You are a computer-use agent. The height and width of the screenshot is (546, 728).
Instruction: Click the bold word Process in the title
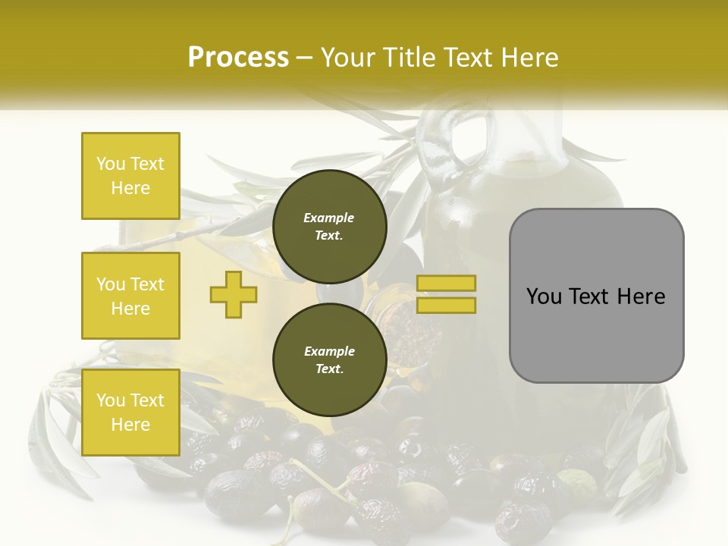click(238, 58)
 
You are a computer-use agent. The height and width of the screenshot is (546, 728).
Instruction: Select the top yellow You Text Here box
click(130, 176)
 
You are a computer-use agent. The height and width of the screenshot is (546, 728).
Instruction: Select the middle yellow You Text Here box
click(130, 296)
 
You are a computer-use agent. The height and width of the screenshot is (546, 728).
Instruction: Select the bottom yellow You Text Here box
click(130, 412)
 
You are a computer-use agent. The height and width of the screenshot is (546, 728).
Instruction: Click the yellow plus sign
click(234, 295)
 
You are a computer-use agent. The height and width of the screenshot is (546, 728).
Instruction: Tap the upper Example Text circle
click(329, 227)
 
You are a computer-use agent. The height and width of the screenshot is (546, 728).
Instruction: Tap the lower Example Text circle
click(329, 360)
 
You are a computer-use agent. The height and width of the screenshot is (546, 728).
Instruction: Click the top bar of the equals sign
click(447, 284)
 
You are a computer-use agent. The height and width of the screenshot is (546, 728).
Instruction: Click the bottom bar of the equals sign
click(447, 306)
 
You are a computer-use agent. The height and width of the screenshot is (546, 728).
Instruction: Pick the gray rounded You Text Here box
click(596, 296)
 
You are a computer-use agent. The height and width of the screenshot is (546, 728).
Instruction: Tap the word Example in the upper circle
click(329, 218)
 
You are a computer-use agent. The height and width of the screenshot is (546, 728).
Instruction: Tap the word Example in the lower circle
click(329, 351)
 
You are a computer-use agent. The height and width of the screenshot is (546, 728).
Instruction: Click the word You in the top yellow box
click(111, 164)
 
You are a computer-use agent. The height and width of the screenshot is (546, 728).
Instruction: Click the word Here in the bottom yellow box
click(130, 425)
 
